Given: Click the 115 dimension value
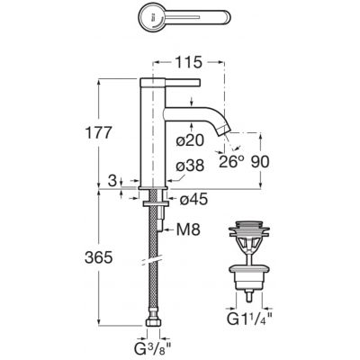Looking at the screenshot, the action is click(188, 63).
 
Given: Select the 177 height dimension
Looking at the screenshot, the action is click(99, 132).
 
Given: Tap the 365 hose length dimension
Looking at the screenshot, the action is click(98, 257).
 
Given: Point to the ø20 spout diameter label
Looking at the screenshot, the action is click(190, 139).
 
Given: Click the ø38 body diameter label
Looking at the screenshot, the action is click(190, 166).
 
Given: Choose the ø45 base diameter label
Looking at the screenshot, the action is click(193, 199).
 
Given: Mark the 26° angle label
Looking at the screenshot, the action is click(231, 162).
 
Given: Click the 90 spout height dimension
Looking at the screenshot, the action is click(260, 162).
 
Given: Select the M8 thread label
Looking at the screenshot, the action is click(188, 230).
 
